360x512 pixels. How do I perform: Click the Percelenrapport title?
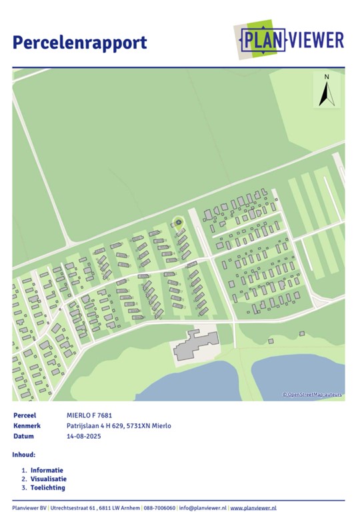click(x=79, y=43)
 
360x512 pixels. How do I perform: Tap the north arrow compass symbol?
click(x=327, y=91)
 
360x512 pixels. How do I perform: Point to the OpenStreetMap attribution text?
click(x=312, y=395)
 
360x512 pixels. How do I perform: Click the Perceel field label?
click(x=24, y=415)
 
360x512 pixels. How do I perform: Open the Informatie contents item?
click(x=47, y=469)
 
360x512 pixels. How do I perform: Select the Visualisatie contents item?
click(x=48, y=479)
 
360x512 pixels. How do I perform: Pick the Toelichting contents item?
click(x=47, y=488)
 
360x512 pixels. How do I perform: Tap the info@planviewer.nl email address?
click(x=203, y=507)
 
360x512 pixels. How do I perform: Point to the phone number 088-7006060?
click(x=160, y=507)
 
